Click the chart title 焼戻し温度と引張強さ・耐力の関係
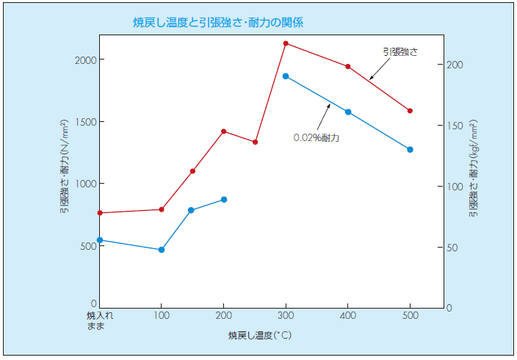tap(218, 23)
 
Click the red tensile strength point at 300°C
tap(286, 43)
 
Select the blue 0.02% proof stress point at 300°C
tap(286, 76)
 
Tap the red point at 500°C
tap(410, 111)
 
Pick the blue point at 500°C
tap(410, 149)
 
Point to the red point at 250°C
tap(255, 142)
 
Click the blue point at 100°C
tap(162, 250)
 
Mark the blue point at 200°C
tap(223, 199)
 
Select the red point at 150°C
tap(192, 171)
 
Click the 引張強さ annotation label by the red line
tap(399, 51)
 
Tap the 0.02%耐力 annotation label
tap(317, 137)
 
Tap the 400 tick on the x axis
tap(348, 315)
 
